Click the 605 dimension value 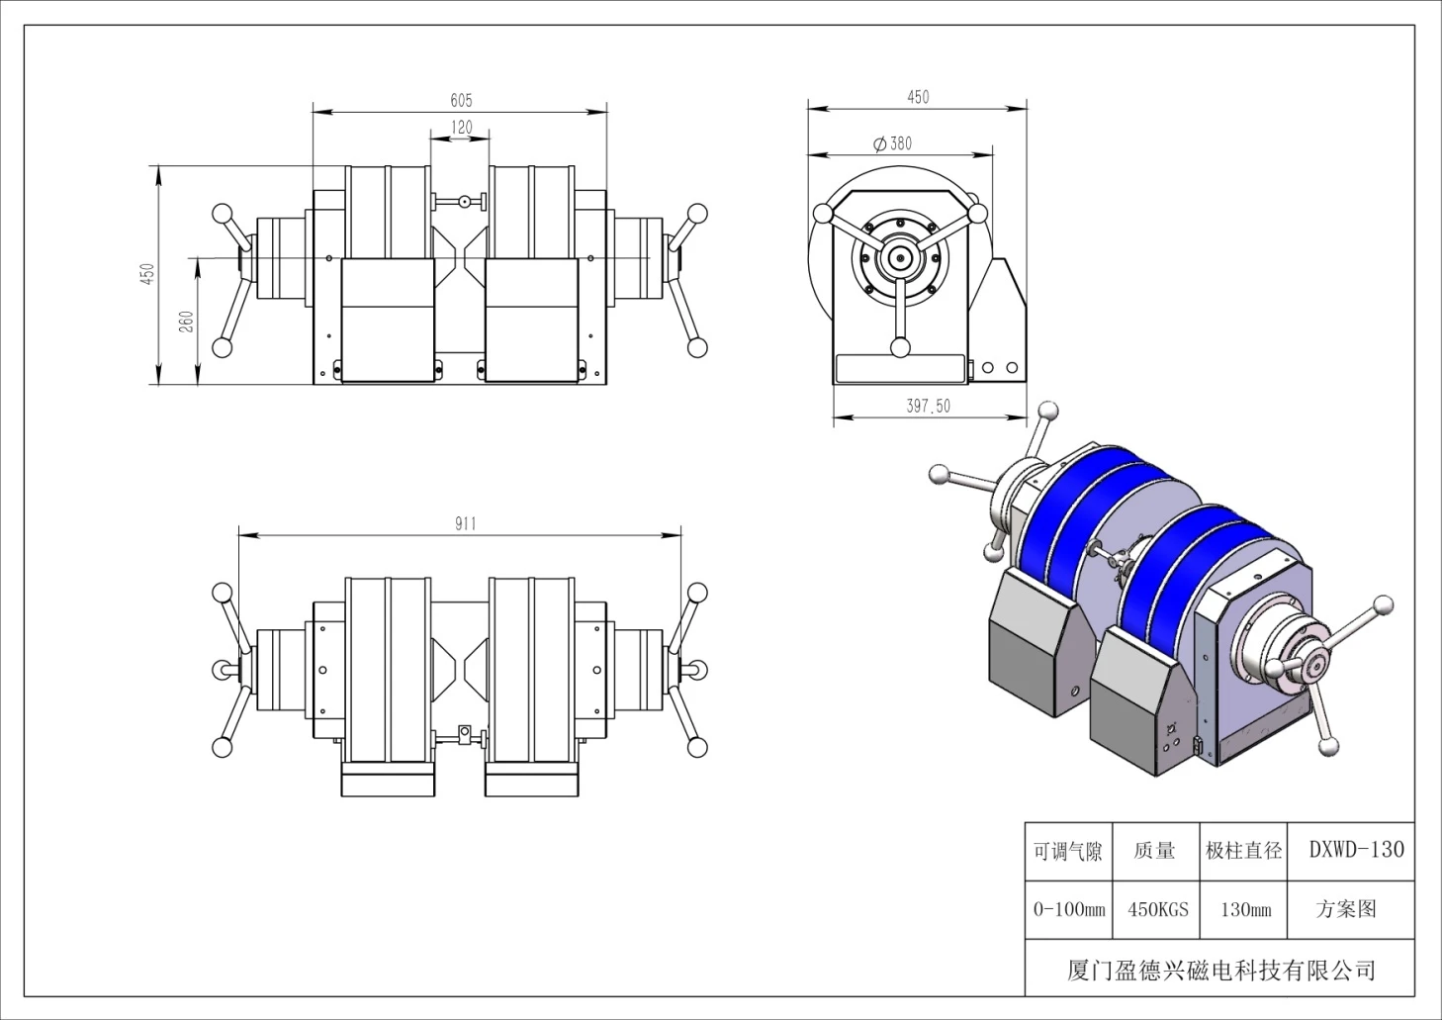pyautogui.click(x=461, y=101)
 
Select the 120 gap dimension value pyautogui.click(x=462, y=128)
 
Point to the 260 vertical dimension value pyautogui.click(x=186, y=322)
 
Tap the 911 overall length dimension pyautogui.click(x=466, y=523)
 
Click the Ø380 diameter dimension pyautogui.click(x=893, y=143)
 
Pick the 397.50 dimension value pyautogui.click(x=929, y=406)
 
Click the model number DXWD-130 pyautogui.click(x=1356, y=850)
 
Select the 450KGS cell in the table pyautogui.click(x=1158, y=910)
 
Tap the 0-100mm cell pyautogui.click(x=1069, y=910)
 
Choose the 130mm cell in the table pyautogui.click(x=1245, y=910)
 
